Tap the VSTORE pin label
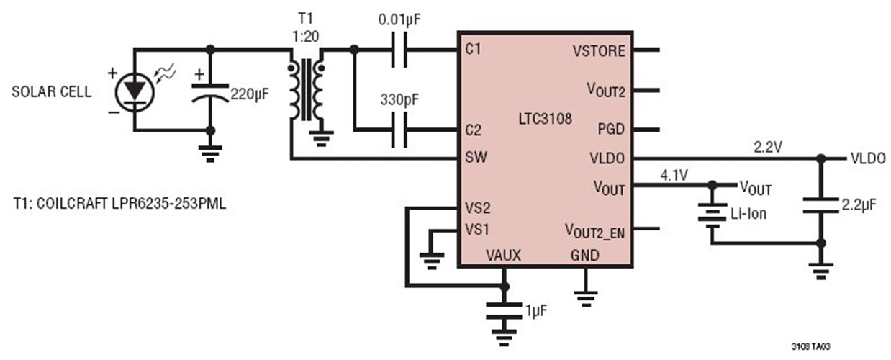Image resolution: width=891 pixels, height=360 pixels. [599, 51]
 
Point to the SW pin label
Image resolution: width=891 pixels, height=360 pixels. [475, 158]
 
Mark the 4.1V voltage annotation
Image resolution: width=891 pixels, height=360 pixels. [673, 174]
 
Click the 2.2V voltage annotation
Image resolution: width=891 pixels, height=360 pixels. [768, 147]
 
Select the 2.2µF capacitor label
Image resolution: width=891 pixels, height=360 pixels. [859, 205]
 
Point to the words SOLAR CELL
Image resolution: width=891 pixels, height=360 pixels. [51, 92]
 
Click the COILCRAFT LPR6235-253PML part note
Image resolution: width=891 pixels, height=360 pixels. [119, 204]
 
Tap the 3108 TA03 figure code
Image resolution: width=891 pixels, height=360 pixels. [813, 346]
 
